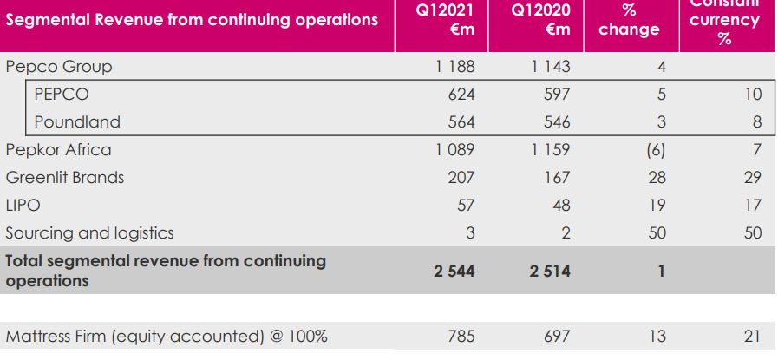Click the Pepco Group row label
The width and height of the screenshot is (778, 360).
click(59, 67)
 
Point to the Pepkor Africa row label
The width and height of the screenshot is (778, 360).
click(59, 150)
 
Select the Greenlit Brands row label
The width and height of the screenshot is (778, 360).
click(65, 178)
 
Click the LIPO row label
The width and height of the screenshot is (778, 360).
click(23, 206)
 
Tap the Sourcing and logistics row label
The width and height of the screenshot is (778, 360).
click(90, 233)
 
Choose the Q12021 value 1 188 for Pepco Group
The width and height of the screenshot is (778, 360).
click(455, 67)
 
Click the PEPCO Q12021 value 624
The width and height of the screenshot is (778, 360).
click(461, 95)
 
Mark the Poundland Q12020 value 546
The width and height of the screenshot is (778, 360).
click(556, 122)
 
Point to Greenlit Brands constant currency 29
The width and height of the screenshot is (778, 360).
click(752, 178)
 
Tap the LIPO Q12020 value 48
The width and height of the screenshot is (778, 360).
click(560, 206)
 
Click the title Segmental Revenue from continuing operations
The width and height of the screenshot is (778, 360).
click(193, 19)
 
